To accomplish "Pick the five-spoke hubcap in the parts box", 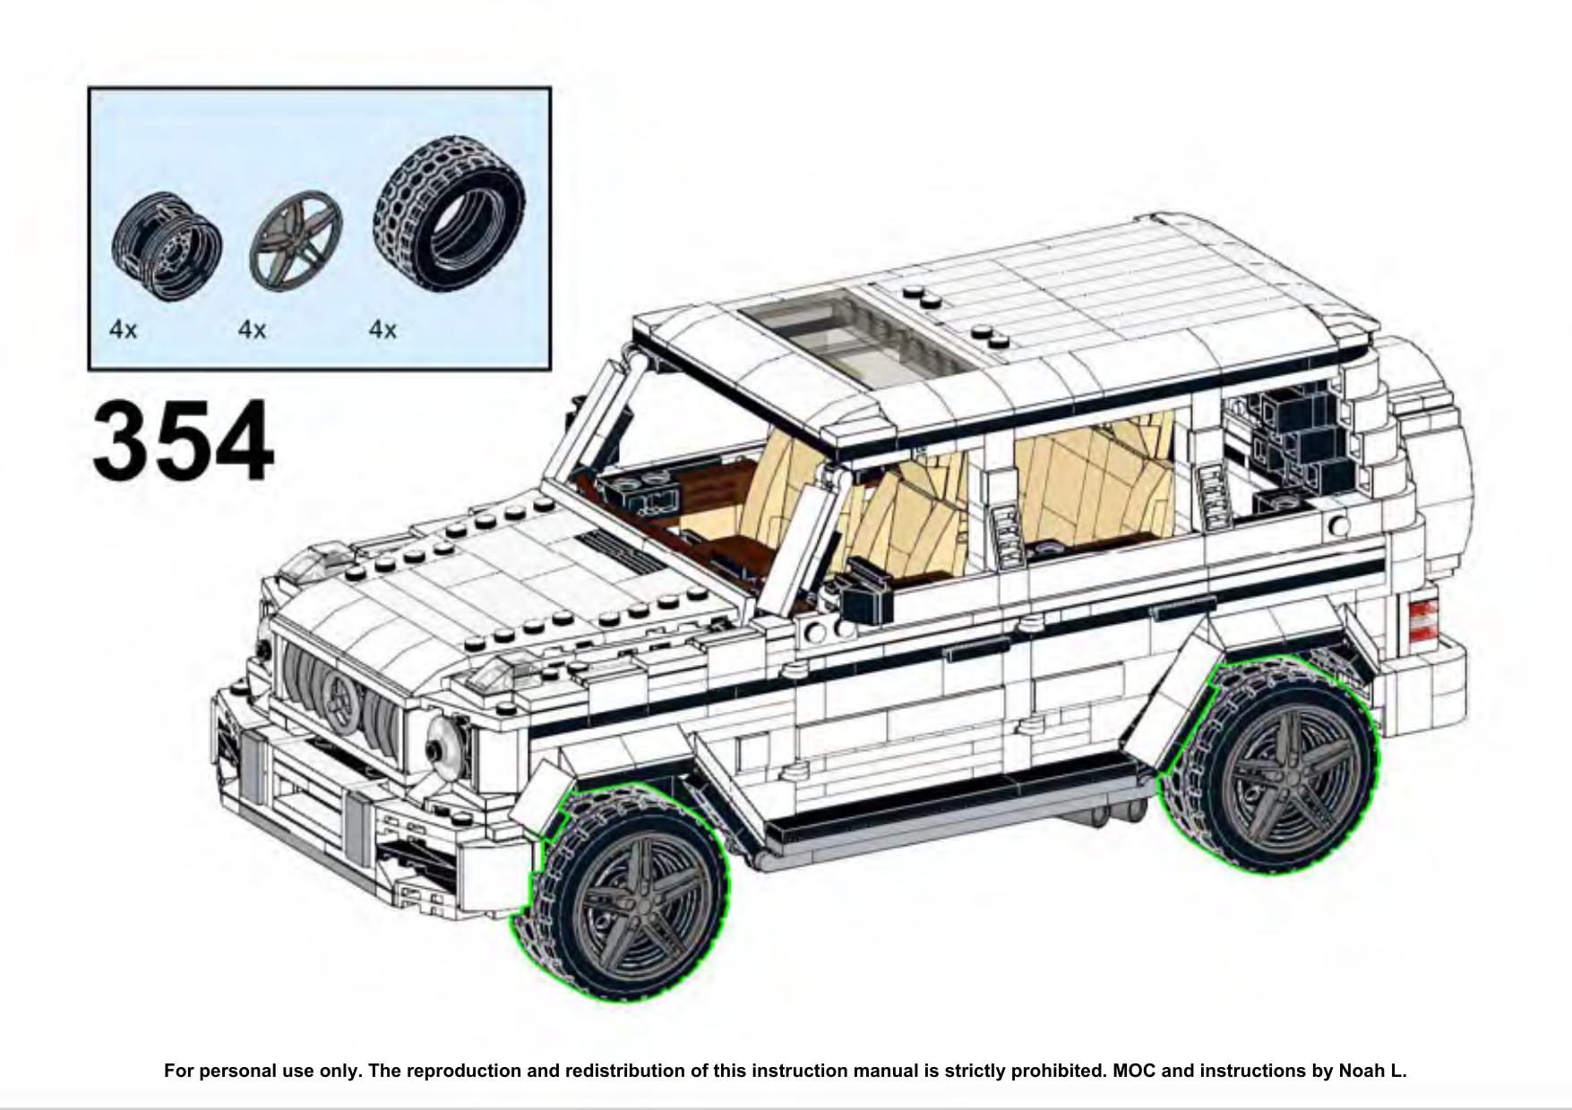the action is click(x=296, y=242).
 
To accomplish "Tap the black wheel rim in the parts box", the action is click(x=167, y=242).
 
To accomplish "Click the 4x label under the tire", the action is click(x=382, y=330).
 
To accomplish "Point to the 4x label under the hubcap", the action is click(x=253, y=330).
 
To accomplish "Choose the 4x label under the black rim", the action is click(x=124, y=330).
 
